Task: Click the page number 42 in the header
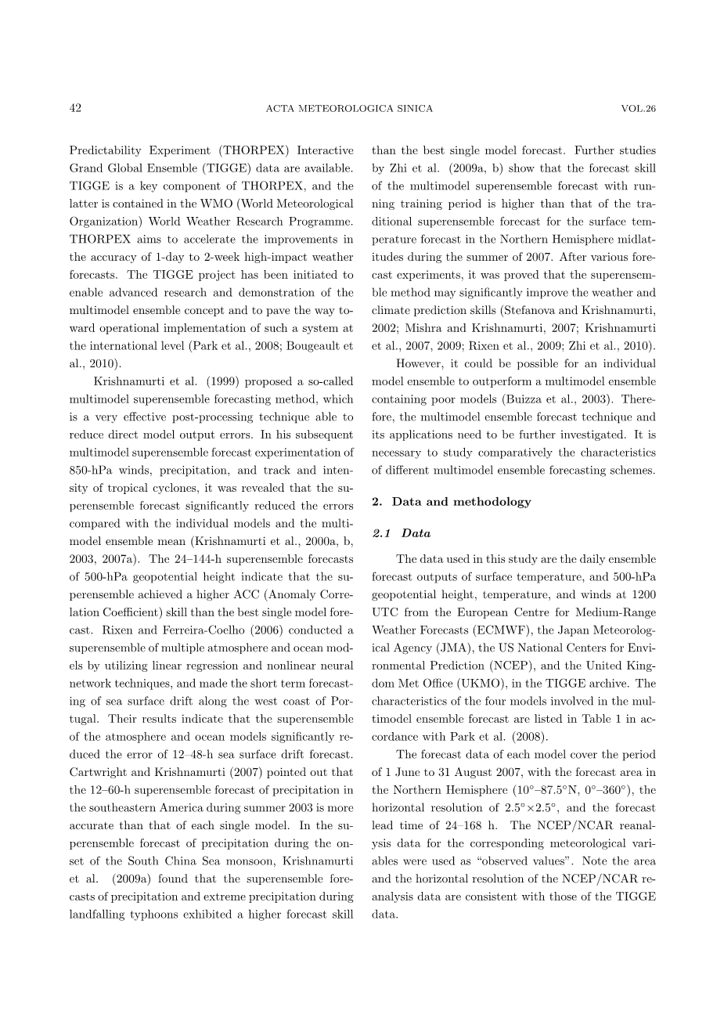[x=75, y=108]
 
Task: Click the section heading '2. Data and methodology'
[x=451, y=502]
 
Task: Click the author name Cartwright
[x=96, y=772]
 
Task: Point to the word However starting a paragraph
[x=421, y=363]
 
